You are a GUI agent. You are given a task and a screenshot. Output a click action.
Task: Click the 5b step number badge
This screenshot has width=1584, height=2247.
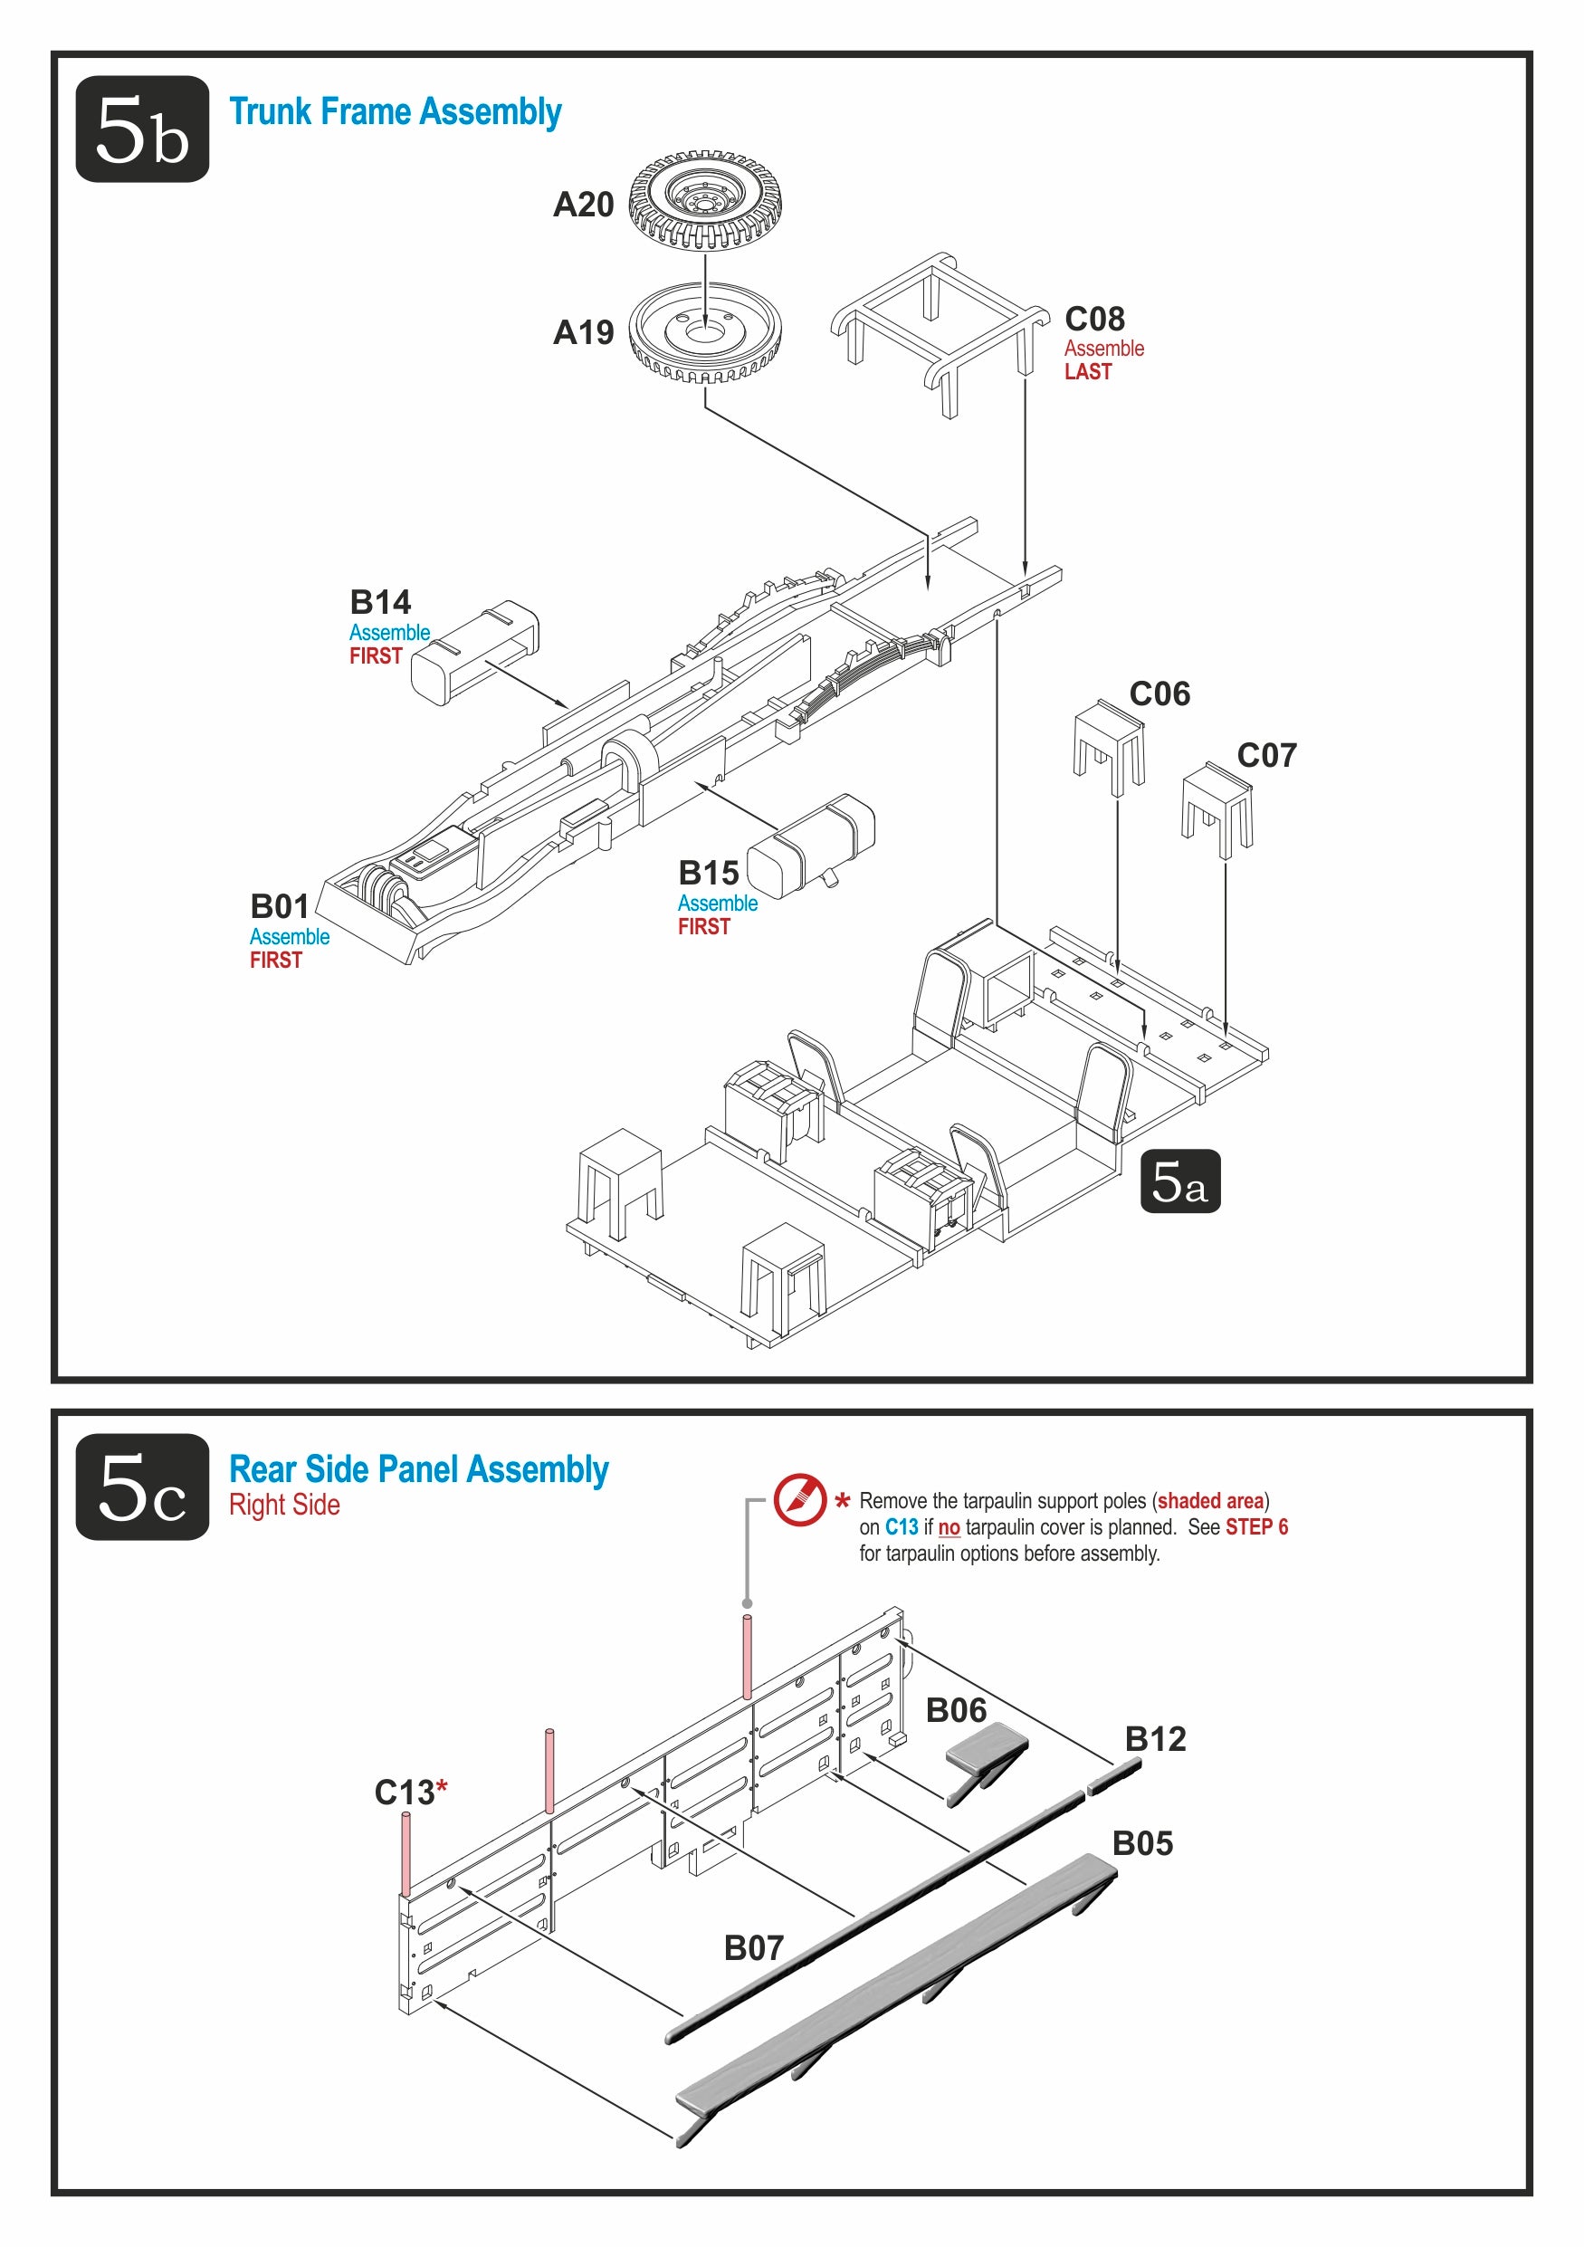(x=142, y=129)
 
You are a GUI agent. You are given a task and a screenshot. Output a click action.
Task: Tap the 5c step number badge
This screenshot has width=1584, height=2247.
(x=142, y=1487)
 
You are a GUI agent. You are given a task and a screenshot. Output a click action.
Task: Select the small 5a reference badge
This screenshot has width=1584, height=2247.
(x=1179, y=1181)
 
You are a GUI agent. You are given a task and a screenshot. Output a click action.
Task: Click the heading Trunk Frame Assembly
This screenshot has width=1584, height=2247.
(x=395, y=111)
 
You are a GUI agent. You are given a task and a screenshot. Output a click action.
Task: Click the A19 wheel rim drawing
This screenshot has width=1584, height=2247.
(x=704, y=333)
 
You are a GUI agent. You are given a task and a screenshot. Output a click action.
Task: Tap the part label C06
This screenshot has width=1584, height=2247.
(x=1159, y=693)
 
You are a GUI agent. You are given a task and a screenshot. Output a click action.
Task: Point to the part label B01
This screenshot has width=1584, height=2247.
(x=280, y=905)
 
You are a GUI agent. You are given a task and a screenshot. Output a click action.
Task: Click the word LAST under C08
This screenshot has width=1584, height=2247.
(x=1088, y=372)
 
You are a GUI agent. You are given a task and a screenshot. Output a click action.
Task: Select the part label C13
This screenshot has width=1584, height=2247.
(x=405, y=1792)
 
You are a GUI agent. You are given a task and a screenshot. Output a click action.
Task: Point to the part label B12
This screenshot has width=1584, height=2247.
(x=1156, y=1738)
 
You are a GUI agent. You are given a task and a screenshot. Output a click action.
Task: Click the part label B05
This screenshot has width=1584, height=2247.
(x=1141, y=1843)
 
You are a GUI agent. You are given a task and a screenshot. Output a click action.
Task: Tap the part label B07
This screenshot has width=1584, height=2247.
(x=753, y=1947)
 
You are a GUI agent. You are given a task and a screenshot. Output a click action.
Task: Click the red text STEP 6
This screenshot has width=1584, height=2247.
(x=1256, y=1526)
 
